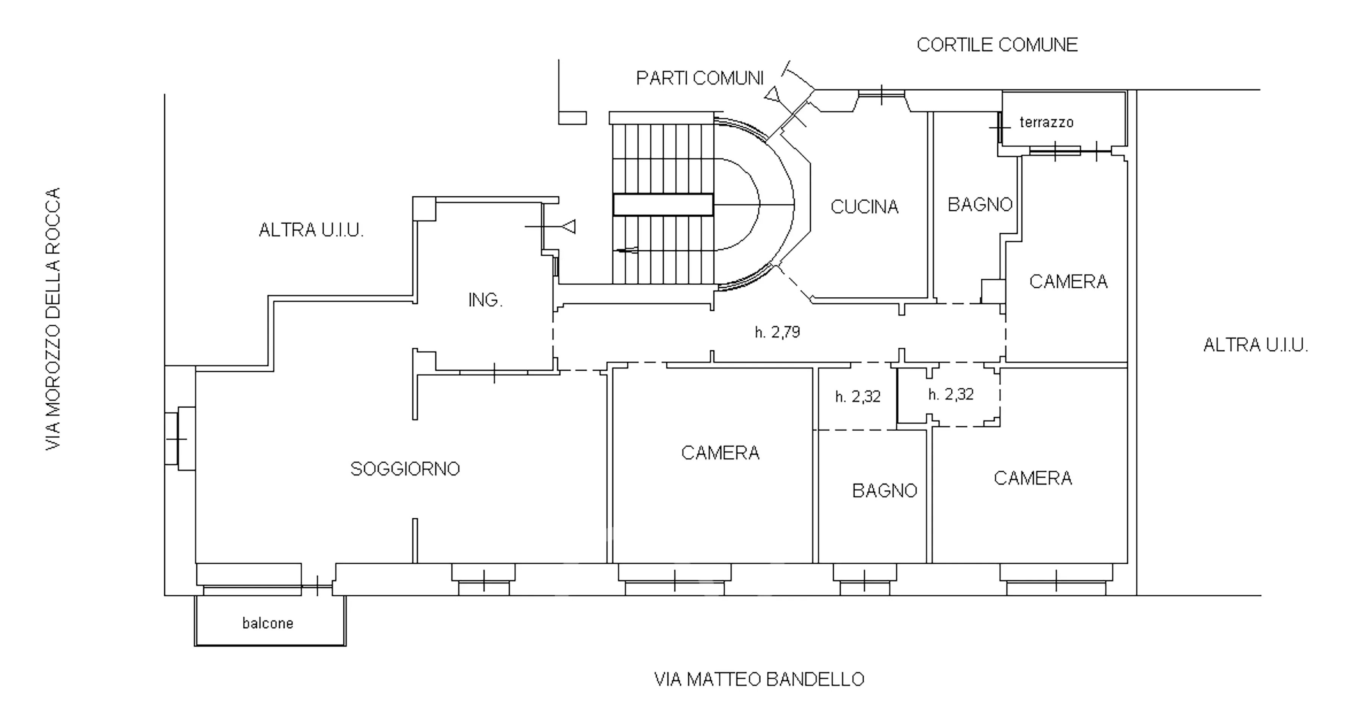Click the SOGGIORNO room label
pos(405,468)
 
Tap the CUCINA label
pos(865,206)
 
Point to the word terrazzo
pos(1046,122)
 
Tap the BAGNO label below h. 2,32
pos(885,491)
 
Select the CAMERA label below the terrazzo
pos(1068,281)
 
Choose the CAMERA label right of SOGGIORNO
pos(720,453)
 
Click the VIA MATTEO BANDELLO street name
pos(759,679)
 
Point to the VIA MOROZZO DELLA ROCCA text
pos(53,318)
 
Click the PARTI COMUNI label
pos(700,78)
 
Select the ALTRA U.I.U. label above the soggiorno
pos(311,230)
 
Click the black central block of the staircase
pos(663,205)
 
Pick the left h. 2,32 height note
pos(858,397)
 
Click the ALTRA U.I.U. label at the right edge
pos(1256,345)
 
